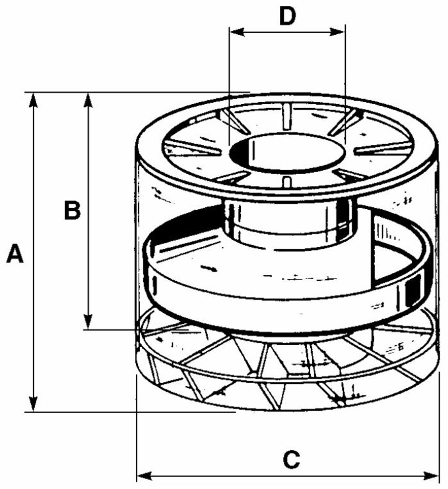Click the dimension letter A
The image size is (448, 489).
(x=15, y=255)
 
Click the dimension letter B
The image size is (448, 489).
(x=72, y=211)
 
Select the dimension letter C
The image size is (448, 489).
(x=291, y=460)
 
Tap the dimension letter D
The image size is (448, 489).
(x=288, y=16)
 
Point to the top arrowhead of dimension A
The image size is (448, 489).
(x=33, y=99)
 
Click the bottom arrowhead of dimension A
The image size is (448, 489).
(x=33, y=404)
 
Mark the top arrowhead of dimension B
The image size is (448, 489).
(x=88, y=99)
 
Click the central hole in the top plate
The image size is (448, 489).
(x=288, y=153)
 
